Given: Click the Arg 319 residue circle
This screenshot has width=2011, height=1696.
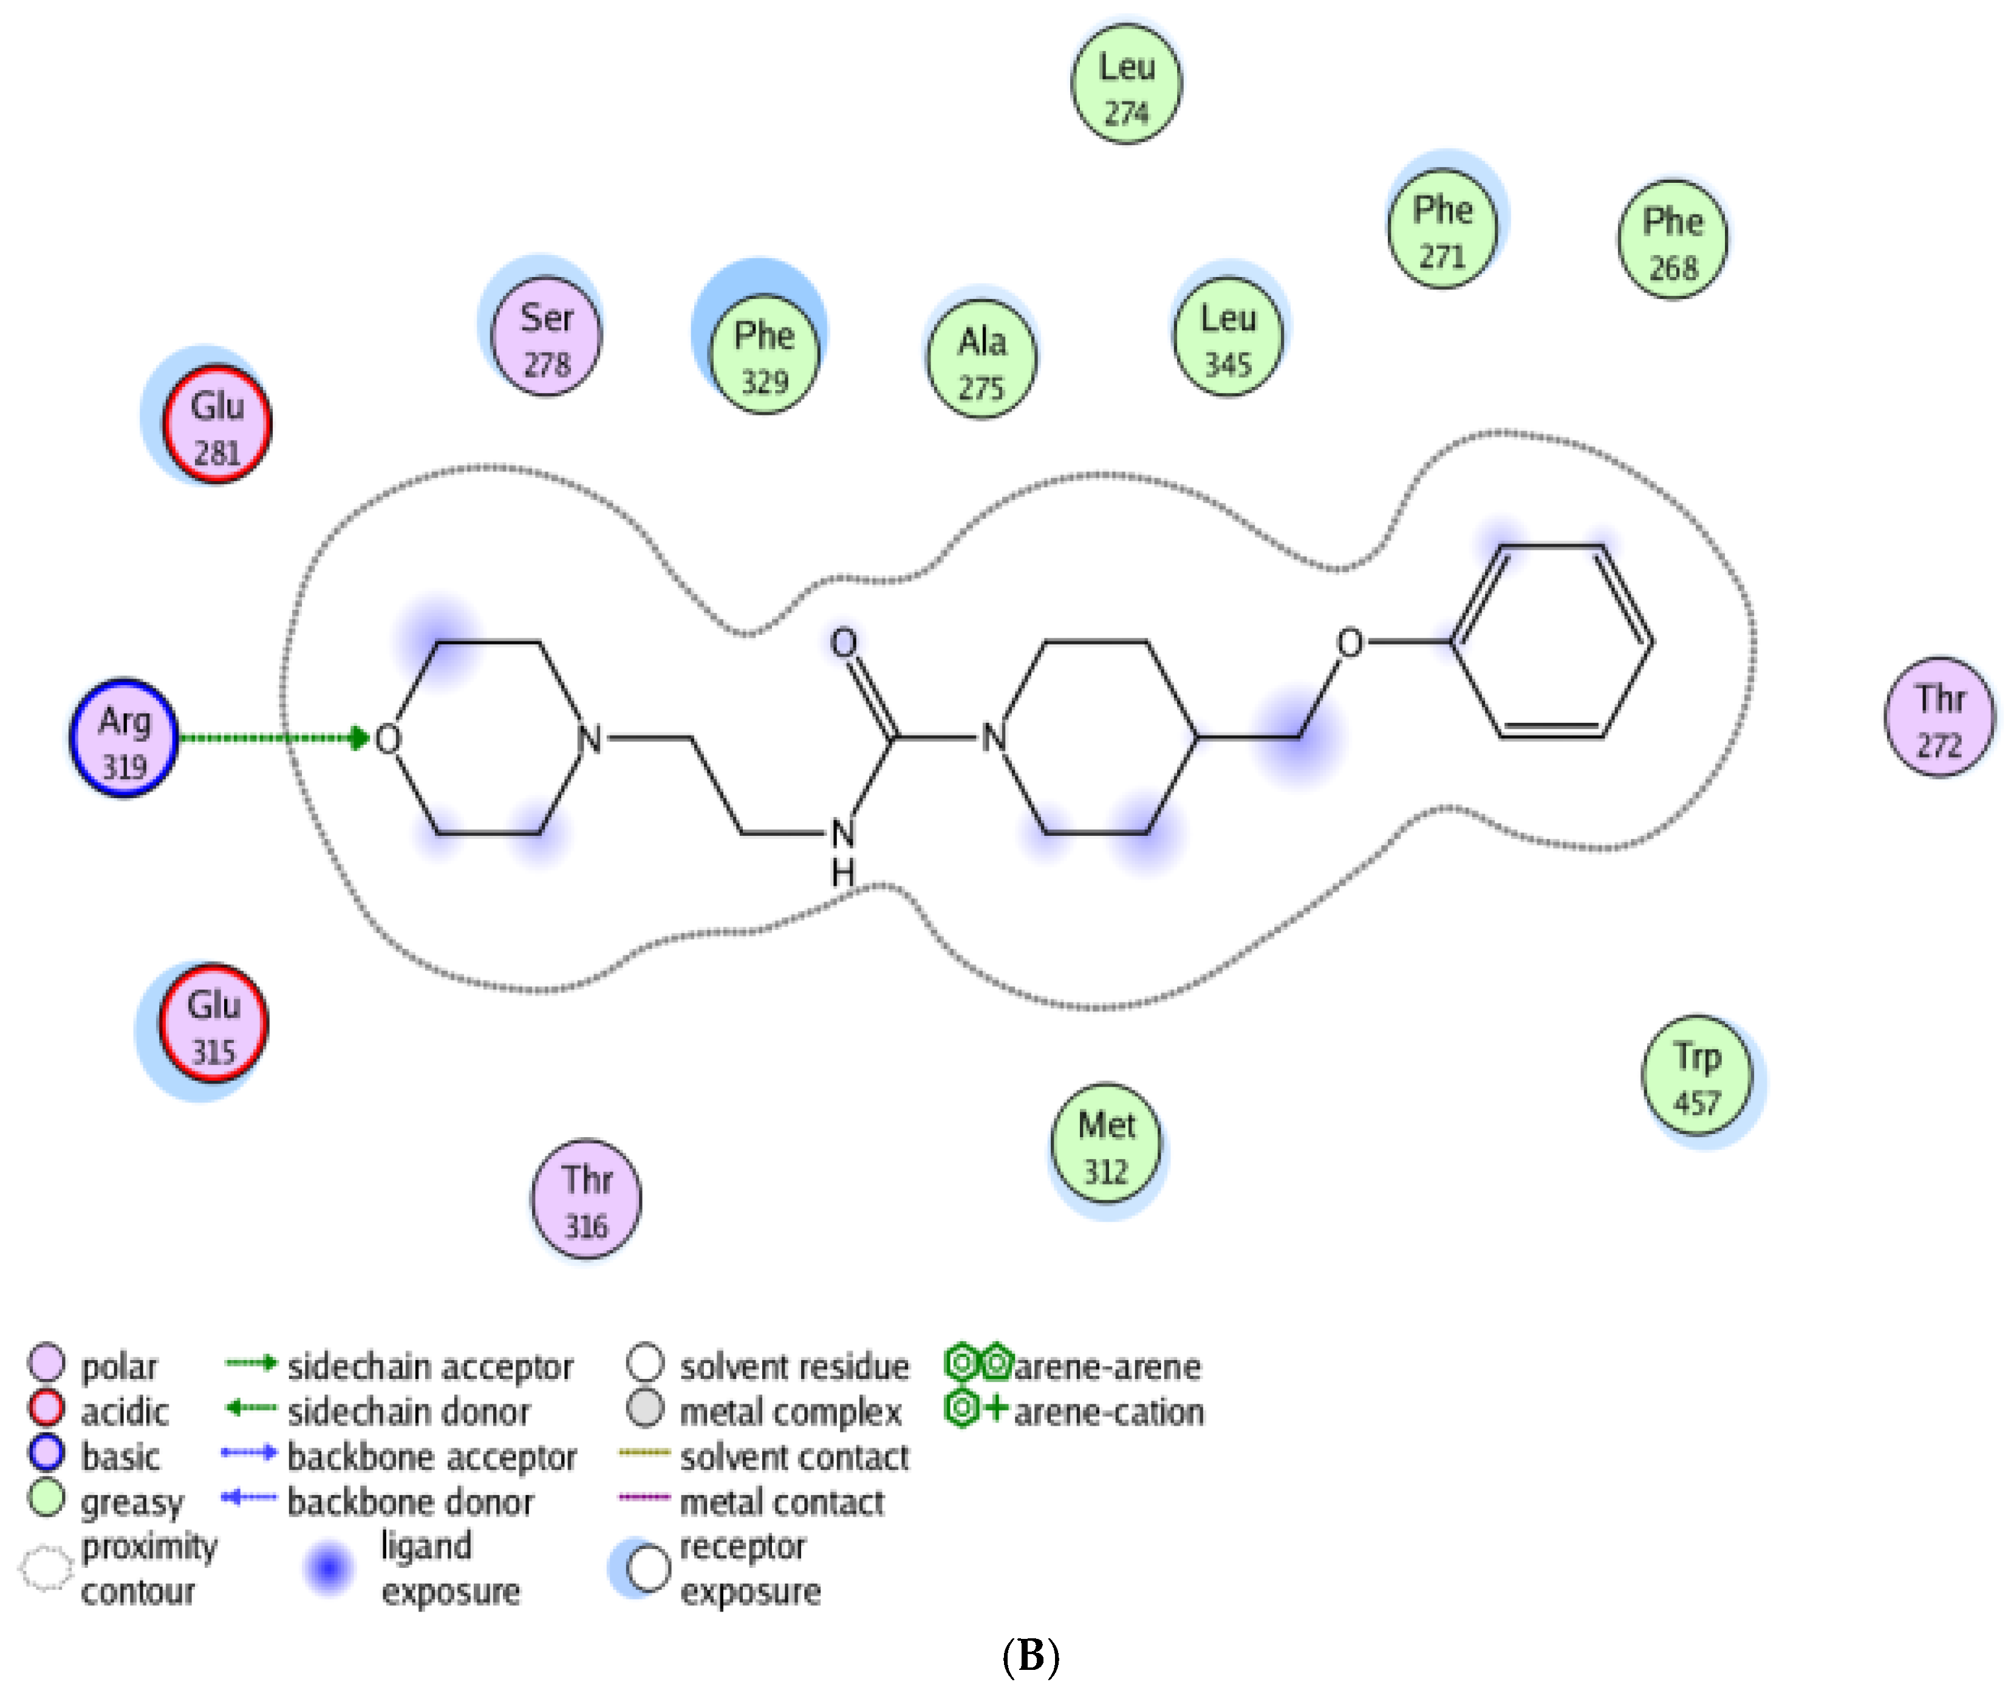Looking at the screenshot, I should coord(124,737).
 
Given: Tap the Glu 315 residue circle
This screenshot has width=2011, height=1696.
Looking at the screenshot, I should coord(213,1023).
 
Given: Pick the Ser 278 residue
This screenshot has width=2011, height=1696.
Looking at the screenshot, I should coord(546,337).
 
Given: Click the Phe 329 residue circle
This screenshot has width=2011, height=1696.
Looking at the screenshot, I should coord(764,354).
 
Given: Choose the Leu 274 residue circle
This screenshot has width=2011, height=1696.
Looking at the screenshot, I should coord(1127,84).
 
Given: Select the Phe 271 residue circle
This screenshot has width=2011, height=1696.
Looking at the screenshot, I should coord(1442,228).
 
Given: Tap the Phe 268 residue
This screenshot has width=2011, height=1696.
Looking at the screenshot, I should coord(1673,239).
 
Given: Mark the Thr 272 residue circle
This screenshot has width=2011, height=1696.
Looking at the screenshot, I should coord(1939,717).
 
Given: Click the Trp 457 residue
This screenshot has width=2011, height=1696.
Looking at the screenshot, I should coord(1696,1075).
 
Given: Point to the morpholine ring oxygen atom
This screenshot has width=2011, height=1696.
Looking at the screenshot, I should coord(388,739).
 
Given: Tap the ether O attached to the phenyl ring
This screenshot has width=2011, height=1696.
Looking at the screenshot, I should coord(1350,642).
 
